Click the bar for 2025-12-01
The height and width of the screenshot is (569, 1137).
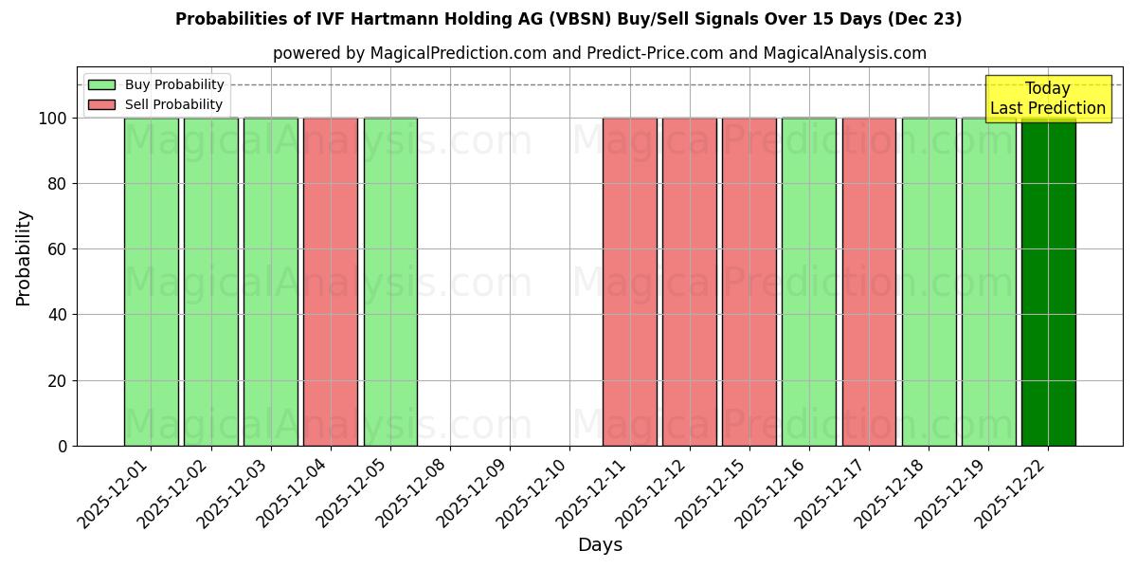151,282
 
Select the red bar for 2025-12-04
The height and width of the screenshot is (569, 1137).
330,282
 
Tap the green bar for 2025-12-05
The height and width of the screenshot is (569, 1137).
390,282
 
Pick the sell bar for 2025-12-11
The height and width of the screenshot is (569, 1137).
629,282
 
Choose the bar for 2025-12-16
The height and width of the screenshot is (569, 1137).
808,282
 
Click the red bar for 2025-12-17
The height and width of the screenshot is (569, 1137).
869,282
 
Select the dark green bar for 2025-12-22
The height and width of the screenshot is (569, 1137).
1048,282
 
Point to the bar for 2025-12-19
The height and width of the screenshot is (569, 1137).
988,282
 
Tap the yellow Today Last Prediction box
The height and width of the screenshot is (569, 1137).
1048,99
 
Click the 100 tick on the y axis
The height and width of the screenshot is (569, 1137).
53,119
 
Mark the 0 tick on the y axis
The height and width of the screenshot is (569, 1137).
63,446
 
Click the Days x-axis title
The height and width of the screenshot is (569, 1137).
600,545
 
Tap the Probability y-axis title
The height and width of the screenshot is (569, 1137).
24,257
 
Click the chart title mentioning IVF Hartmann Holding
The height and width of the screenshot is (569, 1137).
568,19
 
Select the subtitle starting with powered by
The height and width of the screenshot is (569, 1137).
599,53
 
